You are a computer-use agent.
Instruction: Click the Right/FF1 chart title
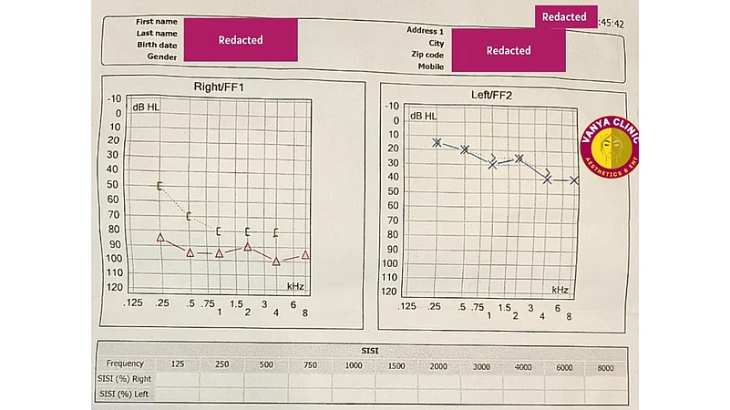[x=219, y=87]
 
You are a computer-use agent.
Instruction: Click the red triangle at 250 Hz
[x=160, y=237]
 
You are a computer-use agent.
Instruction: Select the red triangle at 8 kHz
[x=305, y=255]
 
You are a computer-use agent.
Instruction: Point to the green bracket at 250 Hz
[x=159, y=186]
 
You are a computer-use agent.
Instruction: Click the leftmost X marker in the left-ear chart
[x=437, y=142]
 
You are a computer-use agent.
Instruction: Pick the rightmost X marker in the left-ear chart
[x=574, y=180]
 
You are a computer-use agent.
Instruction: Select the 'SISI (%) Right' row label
[x=126, y=378]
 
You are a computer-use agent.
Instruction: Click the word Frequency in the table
[x=125, y=364]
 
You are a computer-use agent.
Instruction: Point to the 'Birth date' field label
[x=157, y=44]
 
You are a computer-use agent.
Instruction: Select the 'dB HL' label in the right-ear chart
[x=146, y=108]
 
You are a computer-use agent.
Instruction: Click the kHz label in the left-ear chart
[x=559, y=290]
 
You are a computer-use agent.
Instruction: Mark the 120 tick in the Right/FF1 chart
[x=115, y=287]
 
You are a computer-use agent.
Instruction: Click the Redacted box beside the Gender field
[x=241, y=40]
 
